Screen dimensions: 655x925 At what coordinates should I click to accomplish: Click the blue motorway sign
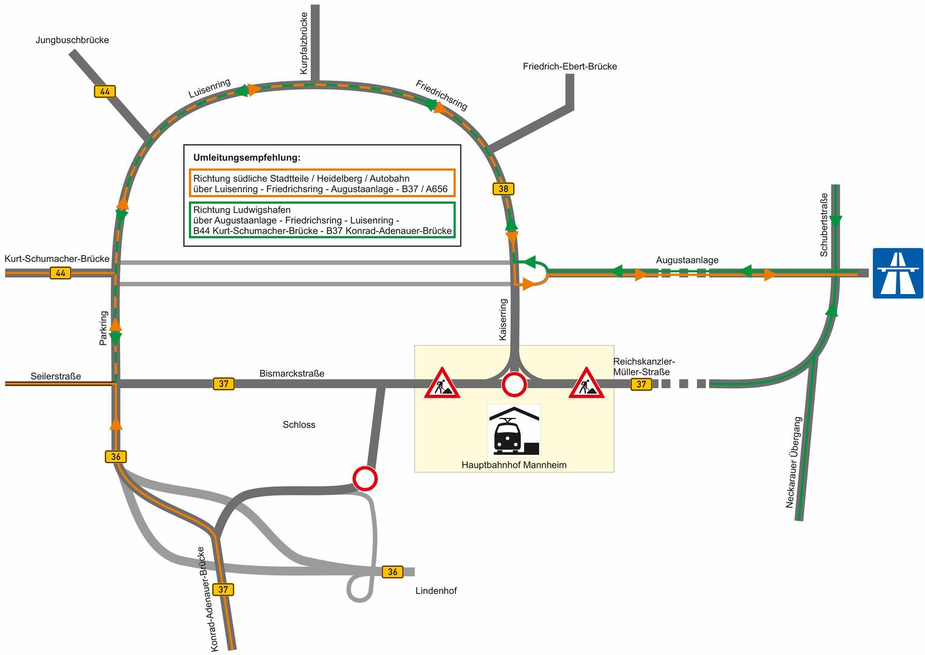(x=898, y=273)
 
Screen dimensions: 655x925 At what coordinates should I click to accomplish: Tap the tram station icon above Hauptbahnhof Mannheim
(x=514, y=431)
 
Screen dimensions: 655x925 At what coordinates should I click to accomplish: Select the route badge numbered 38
(x=503, y=189)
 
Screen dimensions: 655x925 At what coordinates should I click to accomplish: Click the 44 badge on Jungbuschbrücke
(x=105, y=92)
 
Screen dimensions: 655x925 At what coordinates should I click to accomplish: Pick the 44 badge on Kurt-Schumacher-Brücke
(x=60, y=273)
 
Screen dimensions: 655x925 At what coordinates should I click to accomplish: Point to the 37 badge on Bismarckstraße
(x=223, y=383)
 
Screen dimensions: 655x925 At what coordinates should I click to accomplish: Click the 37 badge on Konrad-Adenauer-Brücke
(x=223, y=589)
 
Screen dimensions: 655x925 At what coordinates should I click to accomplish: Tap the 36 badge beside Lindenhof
(x=392, y=572)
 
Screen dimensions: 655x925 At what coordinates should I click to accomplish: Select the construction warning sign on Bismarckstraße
(x=442, y=383)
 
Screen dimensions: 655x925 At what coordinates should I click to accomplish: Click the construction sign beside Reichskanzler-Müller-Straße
(x=586, y=383)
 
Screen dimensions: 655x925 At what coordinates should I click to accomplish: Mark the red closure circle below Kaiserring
(x=514, y=384)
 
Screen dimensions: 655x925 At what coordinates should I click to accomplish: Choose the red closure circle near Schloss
(x=365, y=478)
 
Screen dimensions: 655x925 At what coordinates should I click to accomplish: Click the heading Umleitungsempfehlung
(x=247, y=158)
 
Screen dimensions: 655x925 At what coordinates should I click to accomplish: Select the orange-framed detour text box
(x=321, y=184)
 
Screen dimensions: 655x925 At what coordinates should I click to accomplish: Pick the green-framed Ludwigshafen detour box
(x=321, y=220)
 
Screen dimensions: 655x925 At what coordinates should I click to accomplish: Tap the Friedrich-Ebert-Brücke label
(x=570, y=67)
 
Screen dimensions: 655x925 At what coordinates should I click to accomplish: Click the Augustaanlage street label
(x=687, y=260)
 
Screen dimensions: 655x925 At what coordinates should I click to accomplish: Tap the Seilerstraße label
(x=56, y=376)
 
